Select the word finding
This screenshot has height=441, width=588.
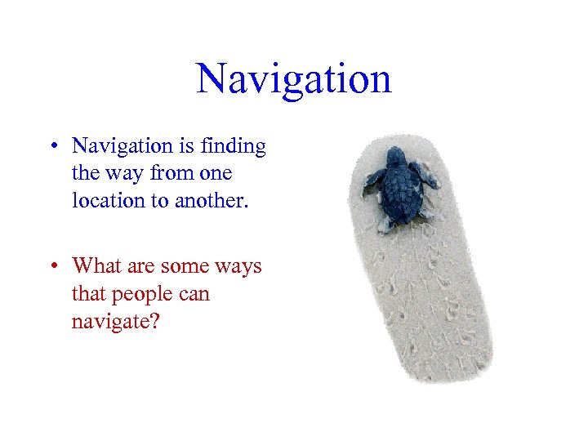click(x=234, y=147)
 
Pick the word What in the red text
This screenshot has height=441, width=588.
click(x=95, y=266)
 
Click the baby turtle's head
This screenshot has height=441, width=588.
click(x=396, y=154)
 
